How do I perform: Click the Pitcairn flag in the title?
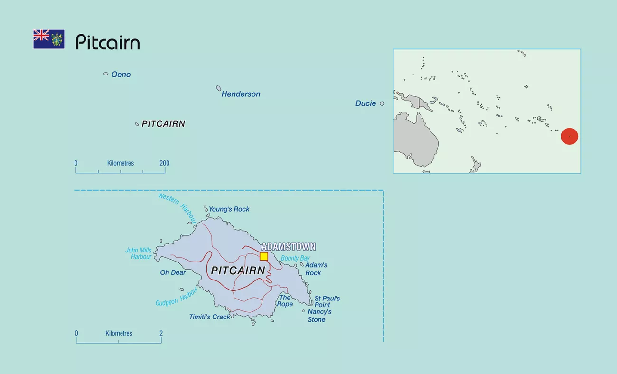(48, 39)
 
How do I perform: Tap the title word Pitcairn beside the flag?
(108, 42)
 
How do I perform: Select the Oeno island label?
(121, 75)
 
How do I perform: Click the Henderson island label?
(241, 94)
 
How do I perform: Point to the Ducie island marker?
(382, 103)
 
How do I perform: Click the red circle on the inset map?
(569, 136)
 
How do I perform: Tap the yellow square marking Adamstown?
(264, 256)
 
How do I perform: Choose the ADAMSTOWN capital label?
(289, 247)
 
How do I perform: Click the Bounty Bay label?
(295, 258)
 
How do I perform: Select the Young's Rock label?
(229, 209)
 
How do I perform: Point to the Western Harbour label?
(177, 207)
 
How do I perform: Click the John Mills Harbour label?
(139, 253)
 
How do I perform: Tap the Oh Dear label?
(173, 272)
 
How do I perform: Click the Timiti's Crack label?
(209, 317)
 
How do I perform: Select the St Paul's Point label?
(327, 301)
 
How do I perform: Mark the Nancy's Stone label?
(319, 316)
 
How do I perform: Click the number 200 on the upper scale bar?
(164, 163)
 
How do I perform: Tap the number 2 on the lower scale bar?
(161, 333)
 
